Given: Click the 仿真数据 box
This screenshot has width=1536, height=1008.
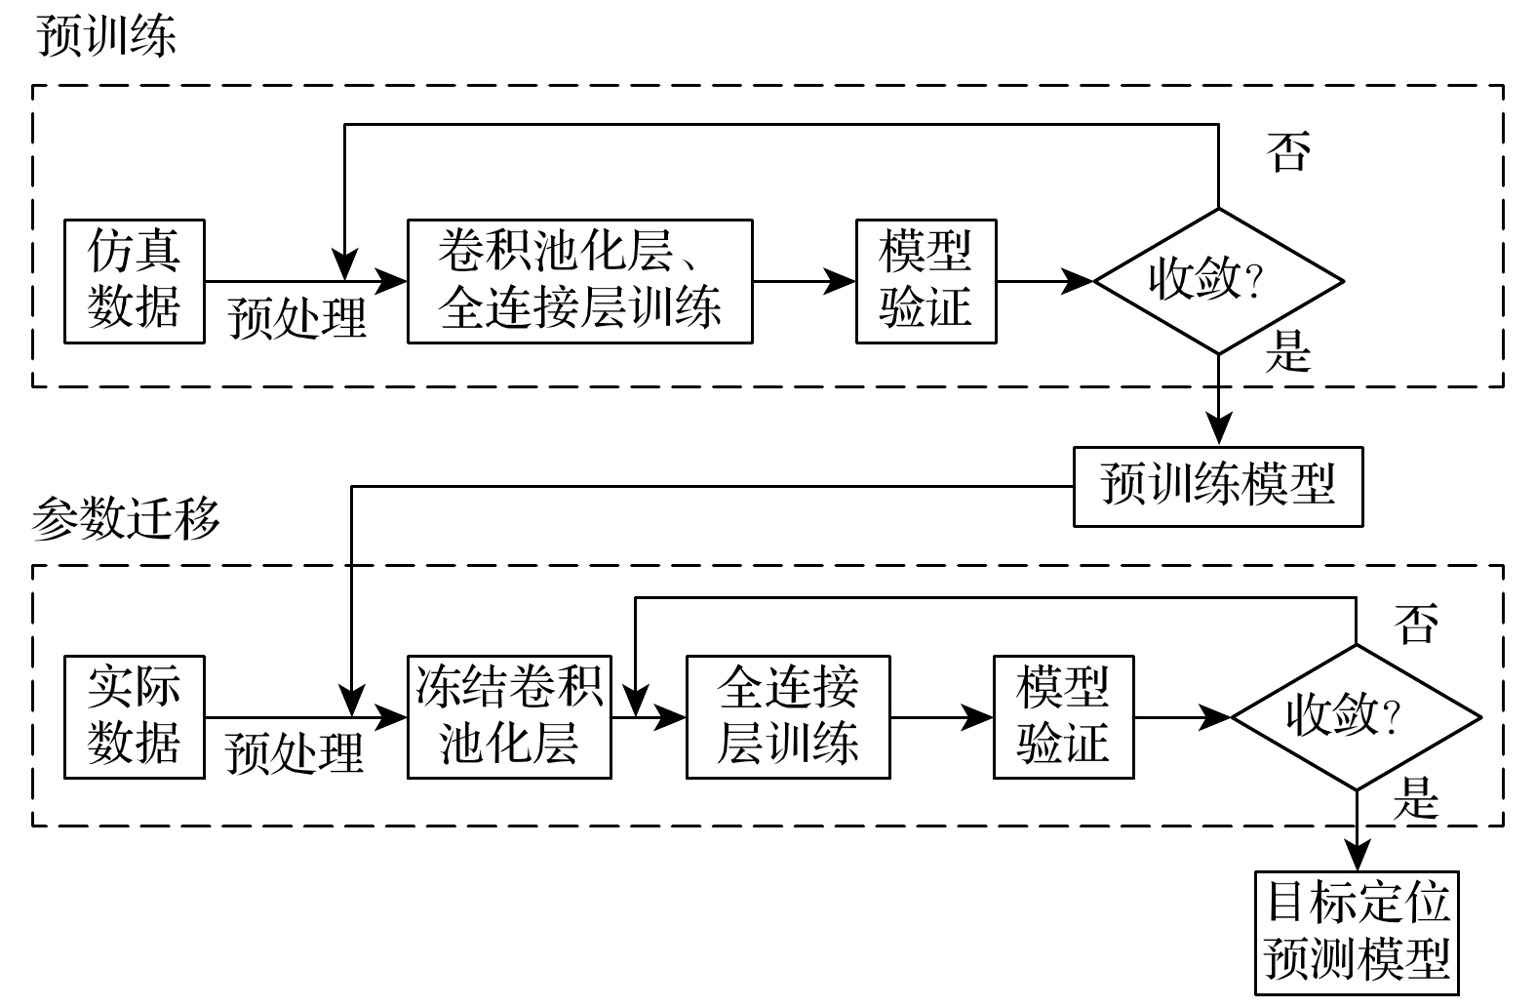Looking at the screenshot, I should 135,281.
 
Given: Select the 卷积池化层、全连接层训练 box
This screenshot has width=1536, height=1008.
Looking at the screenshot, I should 579,281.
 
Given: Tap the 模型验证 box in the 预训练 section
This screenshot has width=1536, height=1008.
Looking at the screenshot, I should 926,281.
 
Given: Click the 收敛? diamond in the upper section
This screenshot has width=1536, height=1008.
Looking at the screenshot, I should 1218,281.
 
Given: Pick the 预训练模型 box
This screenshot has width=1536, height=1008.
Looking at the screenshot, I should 1217,486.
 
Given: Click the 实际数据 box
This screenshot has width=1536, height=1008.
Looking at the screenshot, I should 135,716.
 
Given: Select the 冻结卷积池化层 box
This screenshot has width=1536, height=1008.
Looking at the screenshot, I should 509,716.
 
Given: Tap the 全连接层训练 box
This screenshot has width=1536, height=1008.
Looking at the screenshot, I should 788,716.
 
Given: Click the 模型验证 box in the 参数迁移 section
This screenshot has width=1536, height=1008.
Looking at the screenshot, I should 1063,716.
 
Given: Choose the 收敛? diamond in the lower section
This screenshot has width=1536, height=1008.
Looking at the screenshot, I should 1356,716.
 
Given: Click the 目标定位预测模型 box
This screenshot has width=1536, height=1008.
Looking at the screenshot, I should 1357,932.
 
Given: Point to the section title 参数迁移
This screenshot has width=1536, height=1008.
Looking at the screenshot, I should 127,518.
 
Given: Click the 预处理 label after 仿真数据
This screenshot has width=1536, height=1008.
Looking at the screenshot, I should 297,318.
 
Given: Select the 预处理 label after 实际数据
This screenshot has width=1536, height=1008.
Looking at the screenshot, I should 295,753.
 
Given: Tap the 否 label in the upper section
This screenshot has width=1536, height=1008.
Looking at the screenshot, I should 1287,151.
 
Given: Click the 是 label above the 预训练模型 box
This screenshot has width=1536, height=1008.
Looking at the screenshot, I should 1287,351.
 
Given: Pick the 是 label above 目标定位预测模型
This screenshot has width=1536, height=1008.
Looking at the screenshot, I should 1416,797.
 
